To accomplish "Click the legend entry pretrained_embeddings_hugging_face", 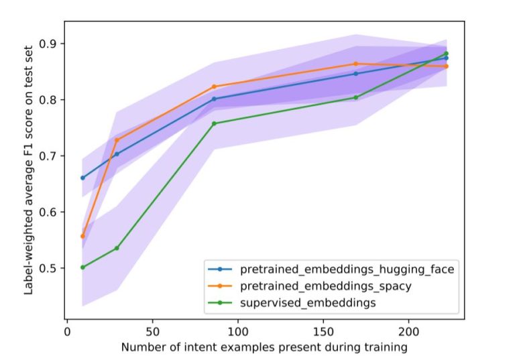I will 347,269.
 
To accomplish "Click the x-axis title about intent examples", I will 264,347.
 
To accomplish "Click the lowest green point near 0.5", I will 82,267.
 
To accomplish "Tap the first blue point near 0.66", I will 82,178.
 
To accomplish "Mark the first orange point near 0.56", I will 82,236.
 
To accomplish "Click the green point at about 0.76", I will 214,123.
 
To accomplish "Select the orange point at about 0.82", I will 214,86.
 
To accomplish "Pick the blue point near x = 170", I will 356,74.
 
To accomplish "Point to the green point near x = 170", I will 356,97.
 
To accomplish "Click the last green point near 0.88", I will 446,54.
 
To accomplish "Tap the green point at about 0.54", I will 117,248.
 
